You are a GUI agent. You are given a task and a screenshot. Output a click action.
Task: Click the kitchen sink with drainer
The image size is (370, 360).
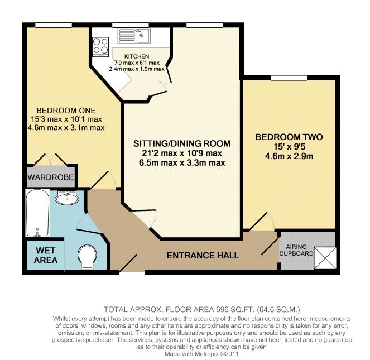point(134,36)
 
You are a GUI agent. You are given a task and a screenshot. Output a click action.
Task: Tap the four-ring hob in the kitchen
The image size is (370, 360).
point(100,46)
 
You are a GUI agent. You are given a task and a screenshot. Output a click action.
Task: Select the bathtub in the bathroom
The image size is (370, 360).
point(37,213)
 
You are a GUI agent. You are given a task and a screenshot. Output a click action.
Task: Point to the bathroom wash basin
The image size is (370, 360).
point(67,199)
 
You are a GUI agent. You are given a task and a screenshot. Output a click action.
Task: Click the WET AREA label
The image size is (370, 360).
point(46,255)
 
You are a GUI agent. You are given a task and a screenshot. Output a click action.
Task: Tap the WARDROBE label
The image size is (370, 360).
point(50,177)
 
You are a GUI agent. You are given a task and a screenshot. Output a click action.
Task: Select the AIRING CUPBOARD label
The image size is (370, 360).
point(296,250)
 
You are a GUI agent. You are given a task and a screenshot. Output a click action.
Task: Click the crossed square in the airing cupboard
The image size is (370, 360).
point(325,258)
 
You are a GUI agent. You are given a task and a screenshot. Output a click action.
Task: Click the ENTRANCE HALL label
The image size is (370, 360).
point(203,256)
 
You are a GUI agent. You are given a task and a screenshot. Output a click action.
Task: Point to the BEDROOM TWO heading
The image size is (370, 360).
point(289,137)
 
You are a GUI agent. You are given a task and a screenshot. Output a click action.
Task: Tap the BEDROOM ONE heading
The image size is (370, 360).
point(66,111)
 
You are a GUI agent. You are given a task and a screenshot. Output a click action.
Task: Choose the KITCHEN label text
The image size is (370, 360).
point(137,56)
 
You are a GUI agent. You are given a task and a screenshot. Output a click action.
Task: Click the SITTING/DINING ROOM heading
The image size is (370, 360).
point(182,143)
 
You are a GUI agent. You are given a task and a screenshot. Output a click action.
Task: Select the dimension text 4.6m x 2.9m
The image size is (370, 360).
point(289,156)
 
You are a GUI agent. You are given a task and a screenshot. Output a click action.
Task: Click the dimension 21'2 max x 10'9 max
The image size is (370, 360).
point(182,153)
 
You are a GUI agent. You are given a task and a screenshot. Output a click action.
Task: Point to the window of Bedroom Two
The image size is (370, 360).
point(289,78)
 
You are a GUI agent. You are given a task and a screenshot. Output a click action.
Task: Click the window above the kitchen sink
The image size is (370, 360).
point(131,25)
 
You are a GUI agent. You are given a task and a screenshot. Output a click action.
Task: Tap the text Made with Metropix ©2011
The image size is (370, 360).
point(202,354)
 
